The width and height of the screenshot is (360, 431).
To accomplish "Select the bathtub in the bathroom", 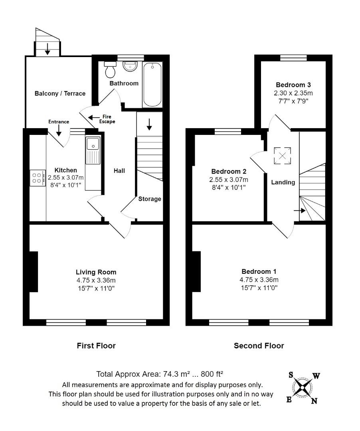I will coord(152,84).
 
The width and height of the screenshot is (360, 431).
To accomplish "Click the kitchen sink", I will coord(93,151).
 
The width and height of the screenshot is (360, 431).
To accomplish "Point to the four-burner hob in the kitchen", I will coord(38,178).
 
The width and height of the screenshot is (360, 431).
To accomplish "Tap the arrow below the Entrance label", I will coord(59,130).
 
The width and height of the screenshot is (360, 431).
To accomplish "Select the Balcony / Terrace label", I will coord(60,93).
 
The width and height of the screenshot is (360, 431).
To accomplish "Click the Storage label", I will coord(150,199).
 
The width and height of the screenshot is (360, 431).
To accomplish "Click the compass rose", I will coord(304,387).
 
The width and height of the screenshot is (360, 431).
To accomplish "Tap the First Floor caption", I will coord(96,346).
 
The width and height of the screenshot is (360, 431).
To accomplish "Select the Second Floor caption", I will coord(259,346).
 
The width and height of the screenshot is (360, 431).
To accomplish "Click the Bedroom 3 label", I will coord(293,85).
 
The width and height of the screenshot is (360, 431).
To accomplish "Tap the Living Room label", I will coord(96,272).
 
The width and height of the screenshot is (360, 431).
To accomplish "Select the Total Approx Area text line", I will coord(160,374).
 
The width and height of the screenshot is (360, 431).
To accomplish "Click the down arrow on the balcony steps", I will coord(47,49).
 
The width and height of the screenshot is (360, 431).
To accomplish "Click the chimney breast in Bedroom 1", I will coord(196,271).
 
